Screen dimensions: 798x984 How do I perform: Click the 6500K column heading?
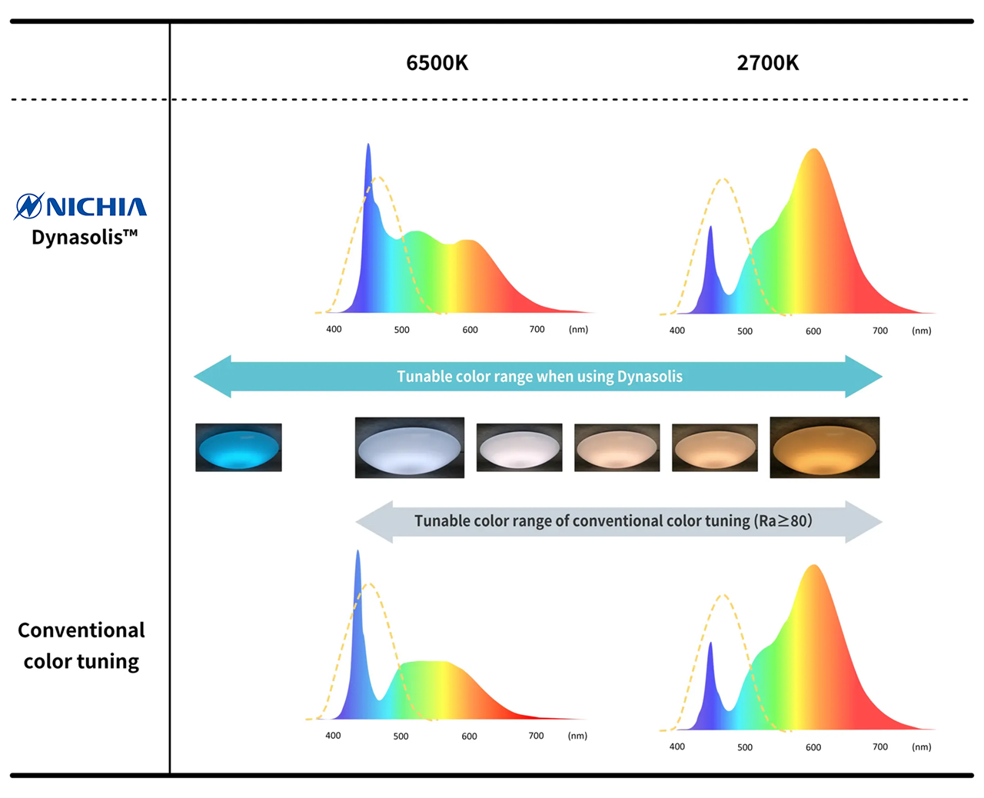(x=437, y=63)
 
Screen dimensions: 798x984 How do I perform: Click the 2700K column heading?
(x=767, y=63)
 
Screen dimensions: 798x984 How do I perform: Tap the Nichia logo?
(x=81, y=206)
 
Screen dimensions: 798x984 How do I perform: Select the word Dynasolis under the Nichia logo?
(x=78, y=237)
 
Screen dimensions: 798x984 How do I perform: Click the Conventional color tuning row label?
(x=81, y=646)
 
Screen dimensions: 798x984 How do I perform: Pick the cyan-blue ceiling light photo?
(x=238, y=447)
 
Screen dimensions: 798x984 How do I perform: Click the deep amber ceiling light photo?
(x=824, y=447)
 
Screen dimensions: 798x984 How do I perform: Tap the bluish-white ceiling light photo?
(x=409, y=447)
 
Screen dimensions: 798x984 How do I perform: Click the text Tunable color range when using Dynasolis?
(x=540, y=377)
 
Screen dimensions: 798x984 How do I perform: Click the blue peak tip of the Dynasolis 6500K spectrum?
(x=368, y=145)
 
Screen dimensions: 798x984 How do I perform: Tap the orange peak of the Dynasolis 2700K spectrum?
(x=813, y=151)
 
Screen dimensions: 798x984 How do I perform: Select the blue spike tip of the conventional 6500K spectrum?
(x=357, y=552)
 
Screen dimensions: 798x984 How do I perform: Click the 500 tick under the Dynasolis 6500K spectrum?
(x=402, y=330)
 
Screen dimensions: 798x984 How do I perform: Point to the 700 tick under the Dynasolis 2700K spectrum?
(x=880, y=331)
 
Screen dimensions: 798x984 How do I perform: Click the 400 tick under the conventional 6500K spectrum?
(x=333, y=736)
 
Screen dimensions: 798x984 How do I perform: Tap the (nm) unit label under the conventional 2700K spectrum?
(x=921, y=746)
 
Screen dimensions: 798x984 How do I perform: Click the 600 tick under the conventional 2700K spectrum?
(x=813, y=747)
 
